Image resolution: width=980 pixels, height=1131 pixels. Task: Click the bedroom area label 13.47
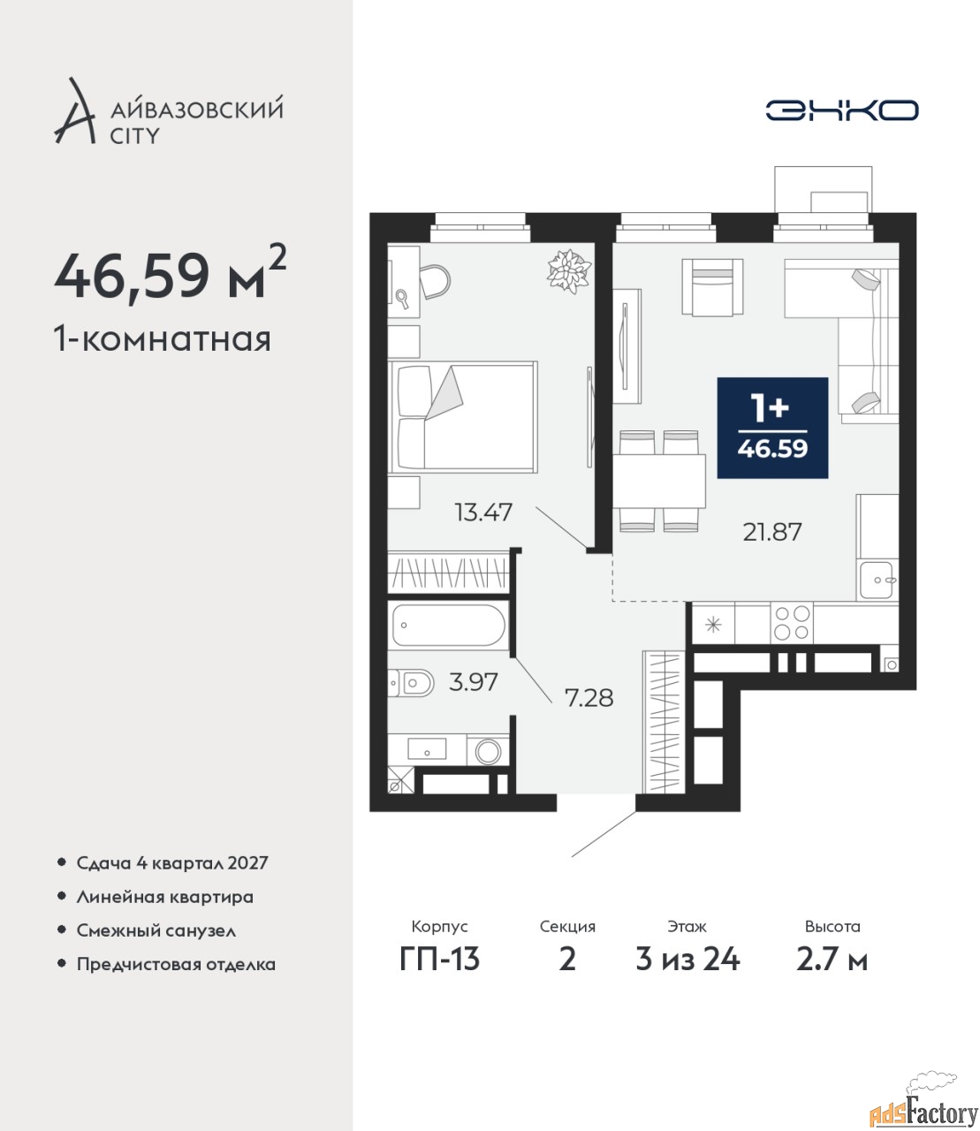[483, 512]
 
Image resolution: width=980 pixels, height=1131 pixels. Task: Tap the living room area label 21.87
[771, 532]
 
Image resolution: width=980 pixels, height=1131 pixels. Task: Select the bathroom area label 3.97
[473, 682]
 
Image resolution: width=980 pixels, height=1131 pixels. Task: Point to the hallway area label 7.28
[589, 698]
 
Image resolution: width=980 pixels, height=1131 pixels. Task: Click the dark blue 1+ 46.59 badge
[772, 428]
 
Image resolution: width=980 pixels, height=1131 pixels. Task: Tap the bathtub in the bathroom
[449, 625]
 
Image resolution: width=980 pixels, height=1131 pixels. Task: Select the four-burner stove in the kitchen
[791, 623]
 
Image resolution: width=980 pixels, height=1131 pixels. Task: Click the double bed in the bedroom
[462, 416]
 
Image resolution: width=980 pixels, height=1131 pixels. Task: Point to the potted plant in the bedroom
[569, 271]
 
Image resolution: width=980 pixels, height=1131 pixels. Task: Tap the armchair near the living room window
[712, 287]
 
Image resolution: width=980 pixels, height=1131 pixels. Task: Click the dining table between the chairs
[659, 481]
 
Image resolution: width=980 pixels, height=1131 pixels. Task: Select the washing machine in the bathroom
[488, 751]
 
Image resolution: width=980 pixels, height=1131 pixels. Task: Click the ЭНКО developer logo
[841, 110]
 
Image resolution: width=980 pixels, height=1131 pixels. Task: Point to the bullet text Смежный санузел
[156, 930]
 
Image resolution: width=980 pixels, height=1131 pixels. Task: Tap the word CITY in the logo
[134, 136]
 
